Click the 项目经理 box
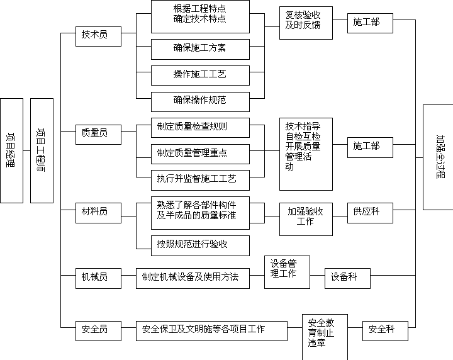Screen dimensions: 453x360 (11, 150)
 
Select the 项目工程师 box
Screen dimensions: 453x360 (42, 150)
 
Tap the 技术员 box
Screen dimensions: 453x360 (98, 37)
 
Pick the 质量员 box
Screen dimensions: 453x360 (98, 135)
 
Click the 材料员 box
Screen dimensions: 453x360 (98, 213)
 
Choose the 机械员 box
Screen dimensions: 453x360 (98, 278)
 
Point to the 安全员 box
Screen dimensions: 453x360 (98, 331)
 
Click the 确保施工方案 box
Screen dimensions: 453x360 (200, 50)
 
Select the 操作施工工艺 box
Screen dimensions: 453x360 (200, 76)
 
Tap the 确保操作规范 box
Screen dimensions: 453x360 (200, 102)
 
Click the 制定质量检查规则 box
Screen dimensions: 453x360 (200, 128)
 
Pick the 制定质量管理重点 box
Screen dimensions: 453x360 (200, 154)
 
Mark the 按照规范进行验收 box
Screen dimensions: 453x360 (200, 245)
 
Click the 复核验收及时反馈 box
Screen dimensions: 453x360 (306, 23)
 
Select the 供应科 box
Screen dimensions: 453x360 (370, 213)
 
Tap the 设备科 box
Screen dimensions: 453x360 (347, 278)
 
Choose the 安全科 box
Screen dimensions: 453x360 (386, 331)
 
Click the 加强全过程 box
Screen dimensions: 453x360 (438, 157)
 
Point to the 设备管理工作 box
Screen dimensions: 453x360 (287, 272)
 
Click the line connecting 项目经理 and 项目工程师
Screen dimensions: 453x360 (27, 150)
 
